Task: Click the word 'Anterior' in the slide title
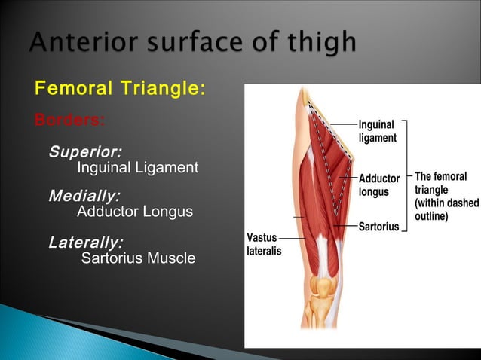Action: click(x=80, y=43)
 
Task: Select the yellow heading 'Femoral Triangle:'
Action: click(x=119, y=89)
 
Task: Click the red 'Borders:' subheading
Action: click(x=70, y=119)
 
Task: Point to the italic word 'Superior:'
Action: click(x=85, y=151)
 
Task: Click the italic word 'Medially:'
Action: click(x=84, y=197)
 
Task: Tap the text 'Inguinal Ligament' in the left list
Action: click(x=138, y=167)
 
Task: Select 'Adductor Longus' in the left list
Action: click(x=135, y=212)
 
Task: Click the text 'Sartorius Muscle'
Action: click(x=138, y=259)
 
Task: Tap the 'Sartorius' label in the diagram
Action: click(x=378, y=227)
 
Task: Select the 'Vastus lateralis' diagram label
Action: click(x=265, y=245)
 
